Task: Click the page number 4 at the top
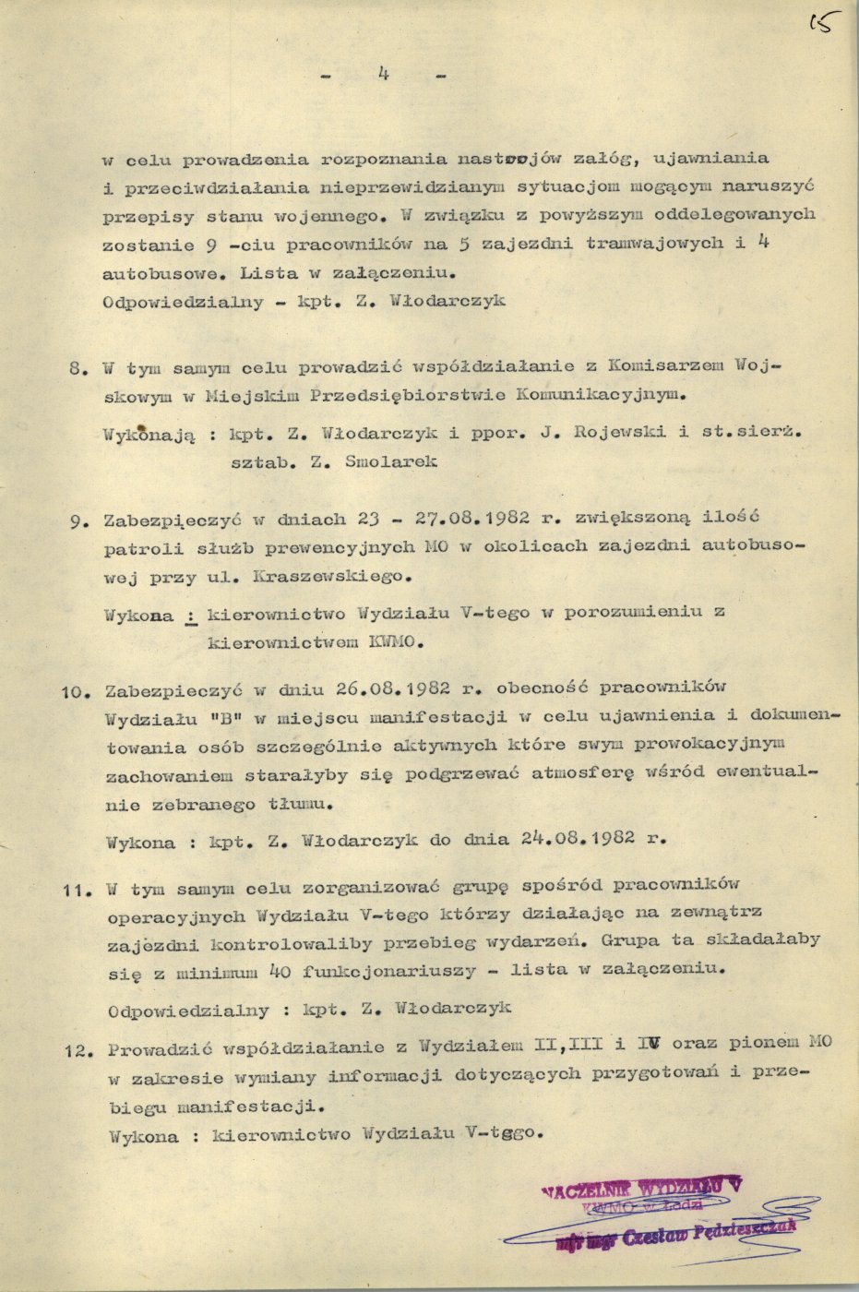[381, 75]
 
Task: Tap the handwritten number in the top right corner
[817, 19]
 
